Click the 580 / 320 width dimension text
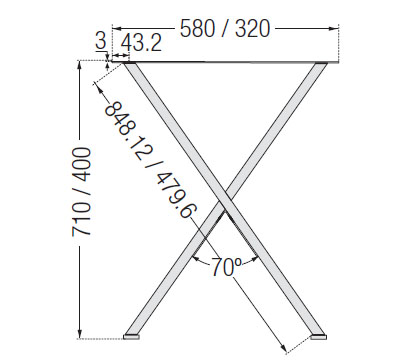(x=225, y=28)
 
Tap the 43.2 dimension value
(x=141, y=43)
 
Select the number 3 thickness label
(x=101, y=41)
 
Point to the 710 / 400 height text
(x=81, y=192)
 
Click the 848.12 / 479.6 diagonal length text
(x=151, y=161)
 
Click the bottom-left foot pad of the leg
(x=131, y=337)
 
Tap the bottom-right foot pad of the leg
(x=318, y=337)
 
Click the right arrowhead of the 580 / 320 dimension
(x=334, y=29)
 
